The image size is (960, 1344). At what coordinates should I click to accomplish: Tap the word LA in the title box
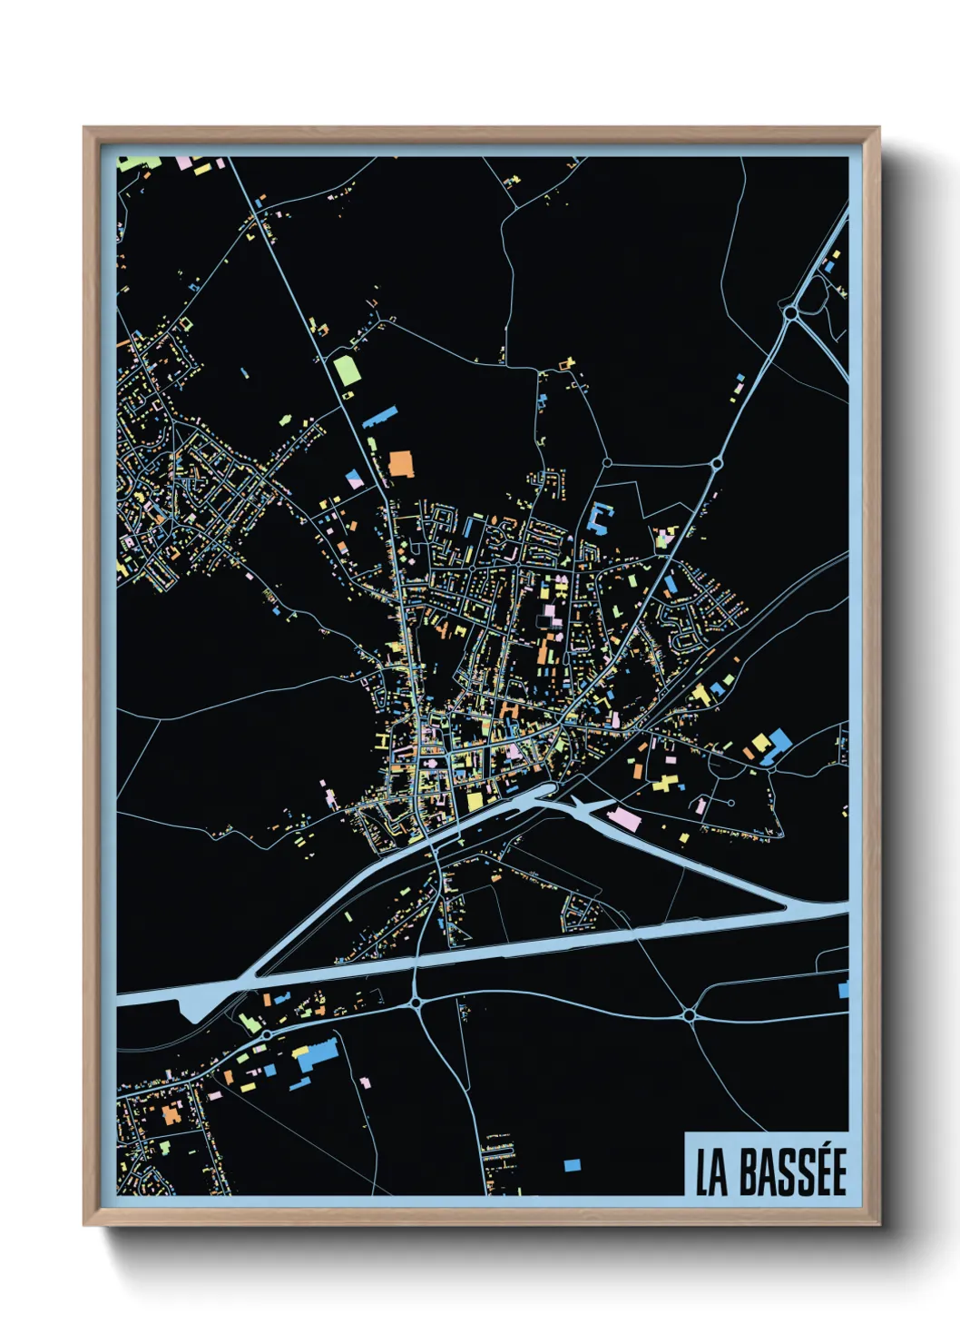click(x=712, y=1173)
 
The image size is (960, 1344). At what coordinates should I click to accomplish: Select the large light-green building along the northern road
click(x=347, y=369)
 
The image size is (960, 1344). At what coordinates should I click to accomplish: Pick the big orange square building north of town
click(x=401, y=463)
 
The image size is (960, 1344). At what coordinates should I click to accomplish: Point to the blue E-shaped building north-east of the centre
click(x=599, y=519)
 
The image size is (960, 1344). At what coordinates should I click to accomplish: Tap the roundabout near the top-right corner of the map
click(x=790, y=312)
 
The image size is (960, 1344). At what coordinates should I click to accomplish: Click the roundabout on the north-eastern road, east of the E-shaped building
click(x=716, y=464)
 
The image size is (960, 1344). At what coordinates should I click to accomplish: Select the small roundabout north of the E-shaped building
click(x=606, y=463)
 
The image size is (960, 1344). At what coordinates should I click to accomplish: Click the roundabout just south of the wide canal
click(x=416, y=1003)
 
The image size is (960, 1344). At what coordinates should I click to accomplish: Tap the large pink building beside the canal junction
click(x=624, y=818)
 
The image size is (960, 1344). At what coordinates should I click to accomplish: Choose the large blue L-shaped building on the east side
click(x=777, y=745)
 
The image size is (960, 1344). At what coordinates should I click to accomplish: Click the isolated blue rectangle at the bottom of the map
click(x=572, y=1165)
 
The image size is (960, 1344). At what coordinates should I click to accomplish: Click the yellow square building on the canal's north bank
click(x=475, y=801)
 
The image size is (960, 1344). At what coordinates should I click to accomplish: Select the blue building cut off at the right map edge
click(x=843, y=988)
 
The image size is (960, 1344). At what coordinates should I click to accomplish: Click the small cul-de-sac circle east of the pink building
click(x=731, y=803)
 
